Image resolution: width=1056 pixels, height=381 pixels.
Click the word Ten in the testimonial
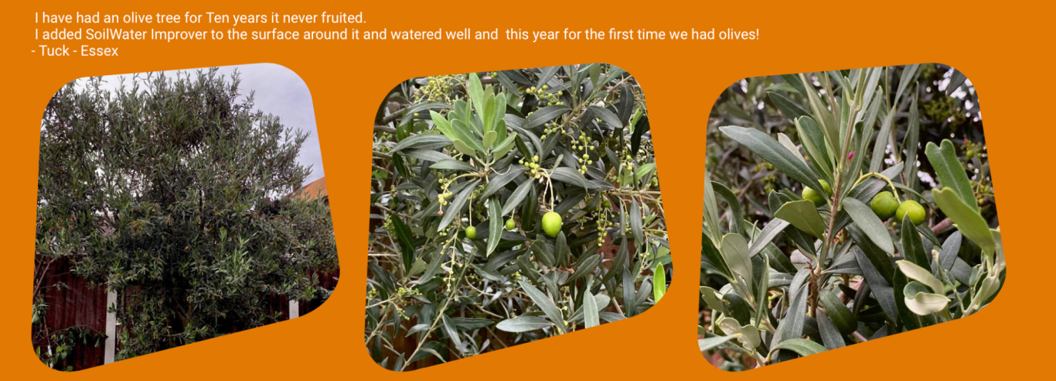pos(217,18)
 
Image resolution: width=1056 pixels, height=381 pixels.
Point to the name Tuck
pos(54,51)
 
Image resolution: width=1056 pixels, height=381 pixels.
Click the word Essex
pos(100,51)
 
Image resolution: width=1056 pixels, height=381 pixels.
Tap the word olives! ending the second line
pos(737,35)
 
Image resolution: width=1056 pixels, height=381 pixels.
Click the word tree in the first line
pos(169,18)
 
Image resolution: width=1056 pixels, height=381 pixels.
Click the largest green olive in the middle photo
pos(551,224)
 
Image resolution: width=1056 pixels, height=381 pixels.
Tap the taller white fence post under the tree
pos(111,327)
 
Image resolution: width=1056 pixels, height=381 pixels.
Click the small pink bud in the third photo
pos(850,156)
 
